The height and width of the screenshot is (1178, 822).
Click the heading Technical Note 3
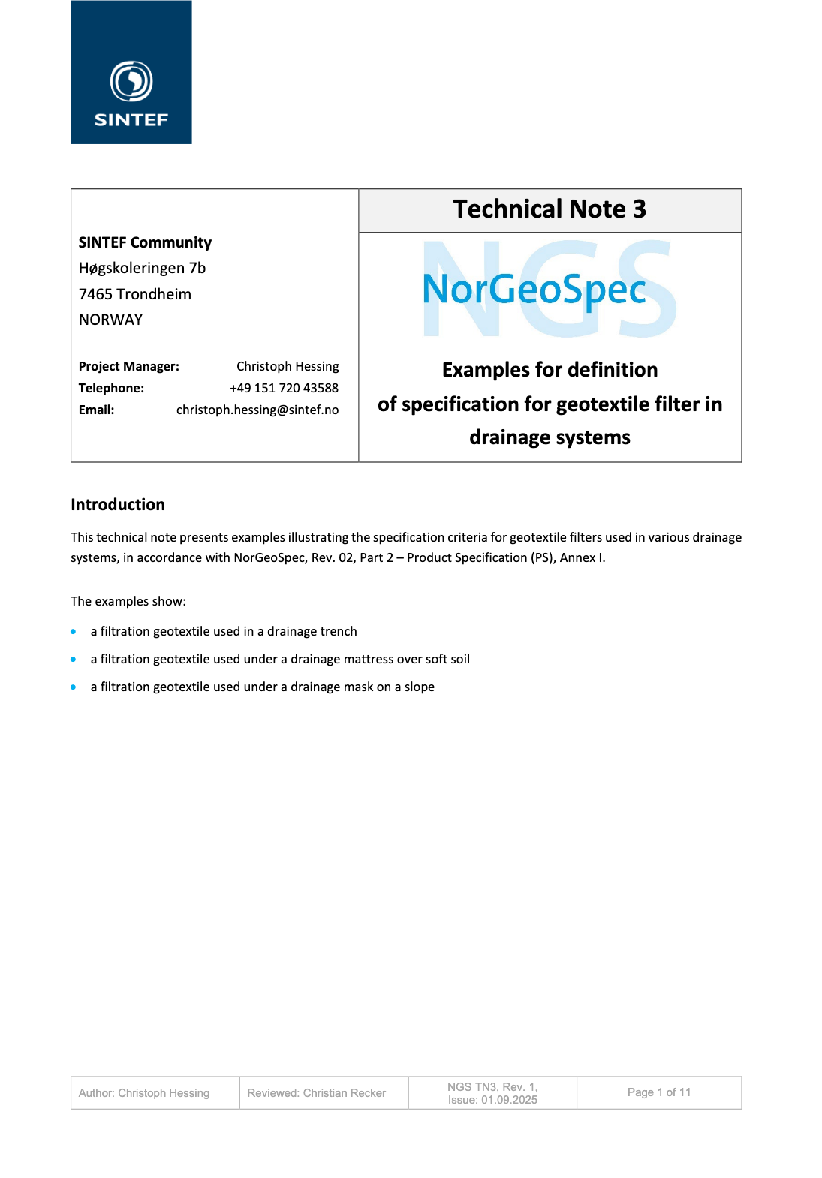pyautogui.click(x=550, y=209)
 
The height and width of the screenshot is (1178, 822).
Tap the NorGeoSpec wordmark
pyautogui.click(x=534, y=290)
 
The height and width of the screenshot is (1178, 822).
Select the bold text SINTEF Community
pyautogui.click(x=145, y=242)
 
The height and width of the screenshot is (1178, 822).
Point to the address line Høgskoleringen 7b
pyautogui.click(x=142, y=268)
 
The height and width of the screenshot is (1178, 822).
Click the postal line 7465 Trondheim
pyautogui.click(x=135, y=294)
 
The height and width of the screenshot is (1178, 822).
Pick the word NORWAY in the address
pyautogui.click(x=110, y=320)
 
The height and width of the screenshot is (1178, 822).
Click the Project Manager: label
pyautogui.click(x=129, y=366)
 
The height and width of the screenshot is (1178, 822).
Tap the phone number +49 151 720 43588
pyautogui.click(x=284, y=388)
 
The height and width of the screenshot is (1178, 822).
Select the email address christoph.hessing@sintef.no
pyautogui.click(x=257, y=410)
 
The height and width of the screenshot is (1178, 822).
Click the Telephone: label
pyautogui.click(x=111, y=388)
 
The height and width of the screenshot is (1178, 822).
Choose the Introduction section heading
pyautogui.click(x=118, y=505)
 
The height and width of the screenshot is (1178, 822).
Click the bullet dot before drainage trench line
pyautogui.click(x=74, y=632)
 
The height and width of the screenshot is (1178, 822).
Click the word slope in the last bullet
pyautogui.click(x=419, y=687)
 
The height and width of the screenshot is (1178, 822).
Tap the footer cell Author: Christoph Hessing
pyautogui.click(x=144, y=1093)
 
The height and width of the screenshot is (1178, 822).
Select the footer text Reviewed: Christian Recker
pyautogui.click(x=316, y=1093)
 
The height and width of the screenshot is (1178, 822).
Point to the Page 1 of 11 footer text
pyautogui.click(x=659, y=1092)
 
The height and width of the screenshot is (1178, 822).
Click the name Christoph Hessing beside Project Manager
pyautogui.click(x=288, y=366)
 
